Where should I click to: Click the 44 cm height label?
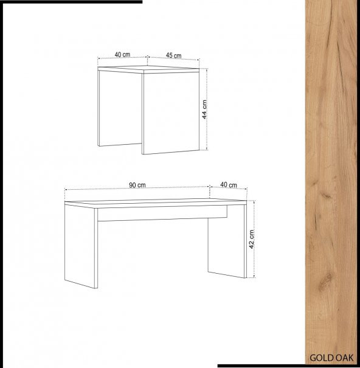click(x=204, y=109)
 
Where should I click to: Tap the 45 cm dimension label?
click(x=174, y=55)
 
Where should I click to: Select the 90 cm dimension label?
click(x=137, y=185)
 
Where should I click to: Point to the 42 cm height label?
click(x=252, y=239)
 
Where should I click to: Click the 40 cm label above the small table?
click(x=122, y=55)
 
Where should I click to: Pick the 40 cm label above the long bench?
click(x=229, y=185)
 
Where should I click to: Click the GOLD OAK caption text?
click(x=331, y=358)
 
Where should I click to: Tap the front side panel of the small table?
click(x=171, y=113)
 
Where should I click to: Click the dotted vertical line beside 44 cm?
click(x=207, y=109)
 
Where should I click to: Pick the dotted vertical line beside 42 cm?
click(x=254, y=238)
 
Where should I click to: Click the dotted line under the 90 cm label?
click(x=137, y=188)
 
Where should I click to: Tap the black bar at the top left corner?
click(x=71, y=2)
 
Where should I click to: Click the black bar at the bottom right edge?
click(x=289, y=366)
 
